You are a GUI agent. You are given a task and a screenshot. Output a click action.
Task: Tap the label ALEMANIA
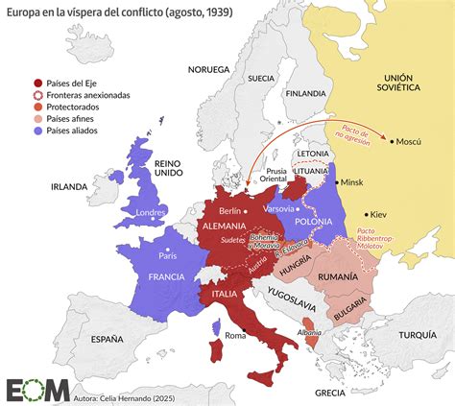pos(228,226)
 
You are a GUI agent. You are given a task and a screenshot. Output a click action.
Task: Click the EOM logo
pos(37,389)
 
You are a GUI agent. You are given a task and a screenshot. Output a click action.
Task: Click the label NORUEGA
pos(208,69)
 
